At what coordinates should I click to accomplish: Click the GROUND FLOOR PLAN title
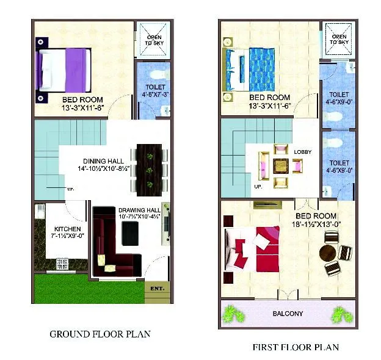tap(100, 334)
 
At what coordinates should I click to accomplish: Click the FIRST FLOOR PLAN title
tap(296, 347)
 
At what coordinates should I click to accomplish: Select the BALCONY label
tap(288, 314)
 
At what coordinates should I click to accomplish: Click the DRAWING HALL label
tap(139, 210)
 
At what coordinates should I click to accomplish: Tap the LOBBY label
tap(303, 151)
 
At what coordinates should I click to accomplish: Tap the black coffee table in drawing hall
tap(131, 233)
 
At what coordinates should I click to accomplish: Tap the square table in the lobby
tap(281, 165)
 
